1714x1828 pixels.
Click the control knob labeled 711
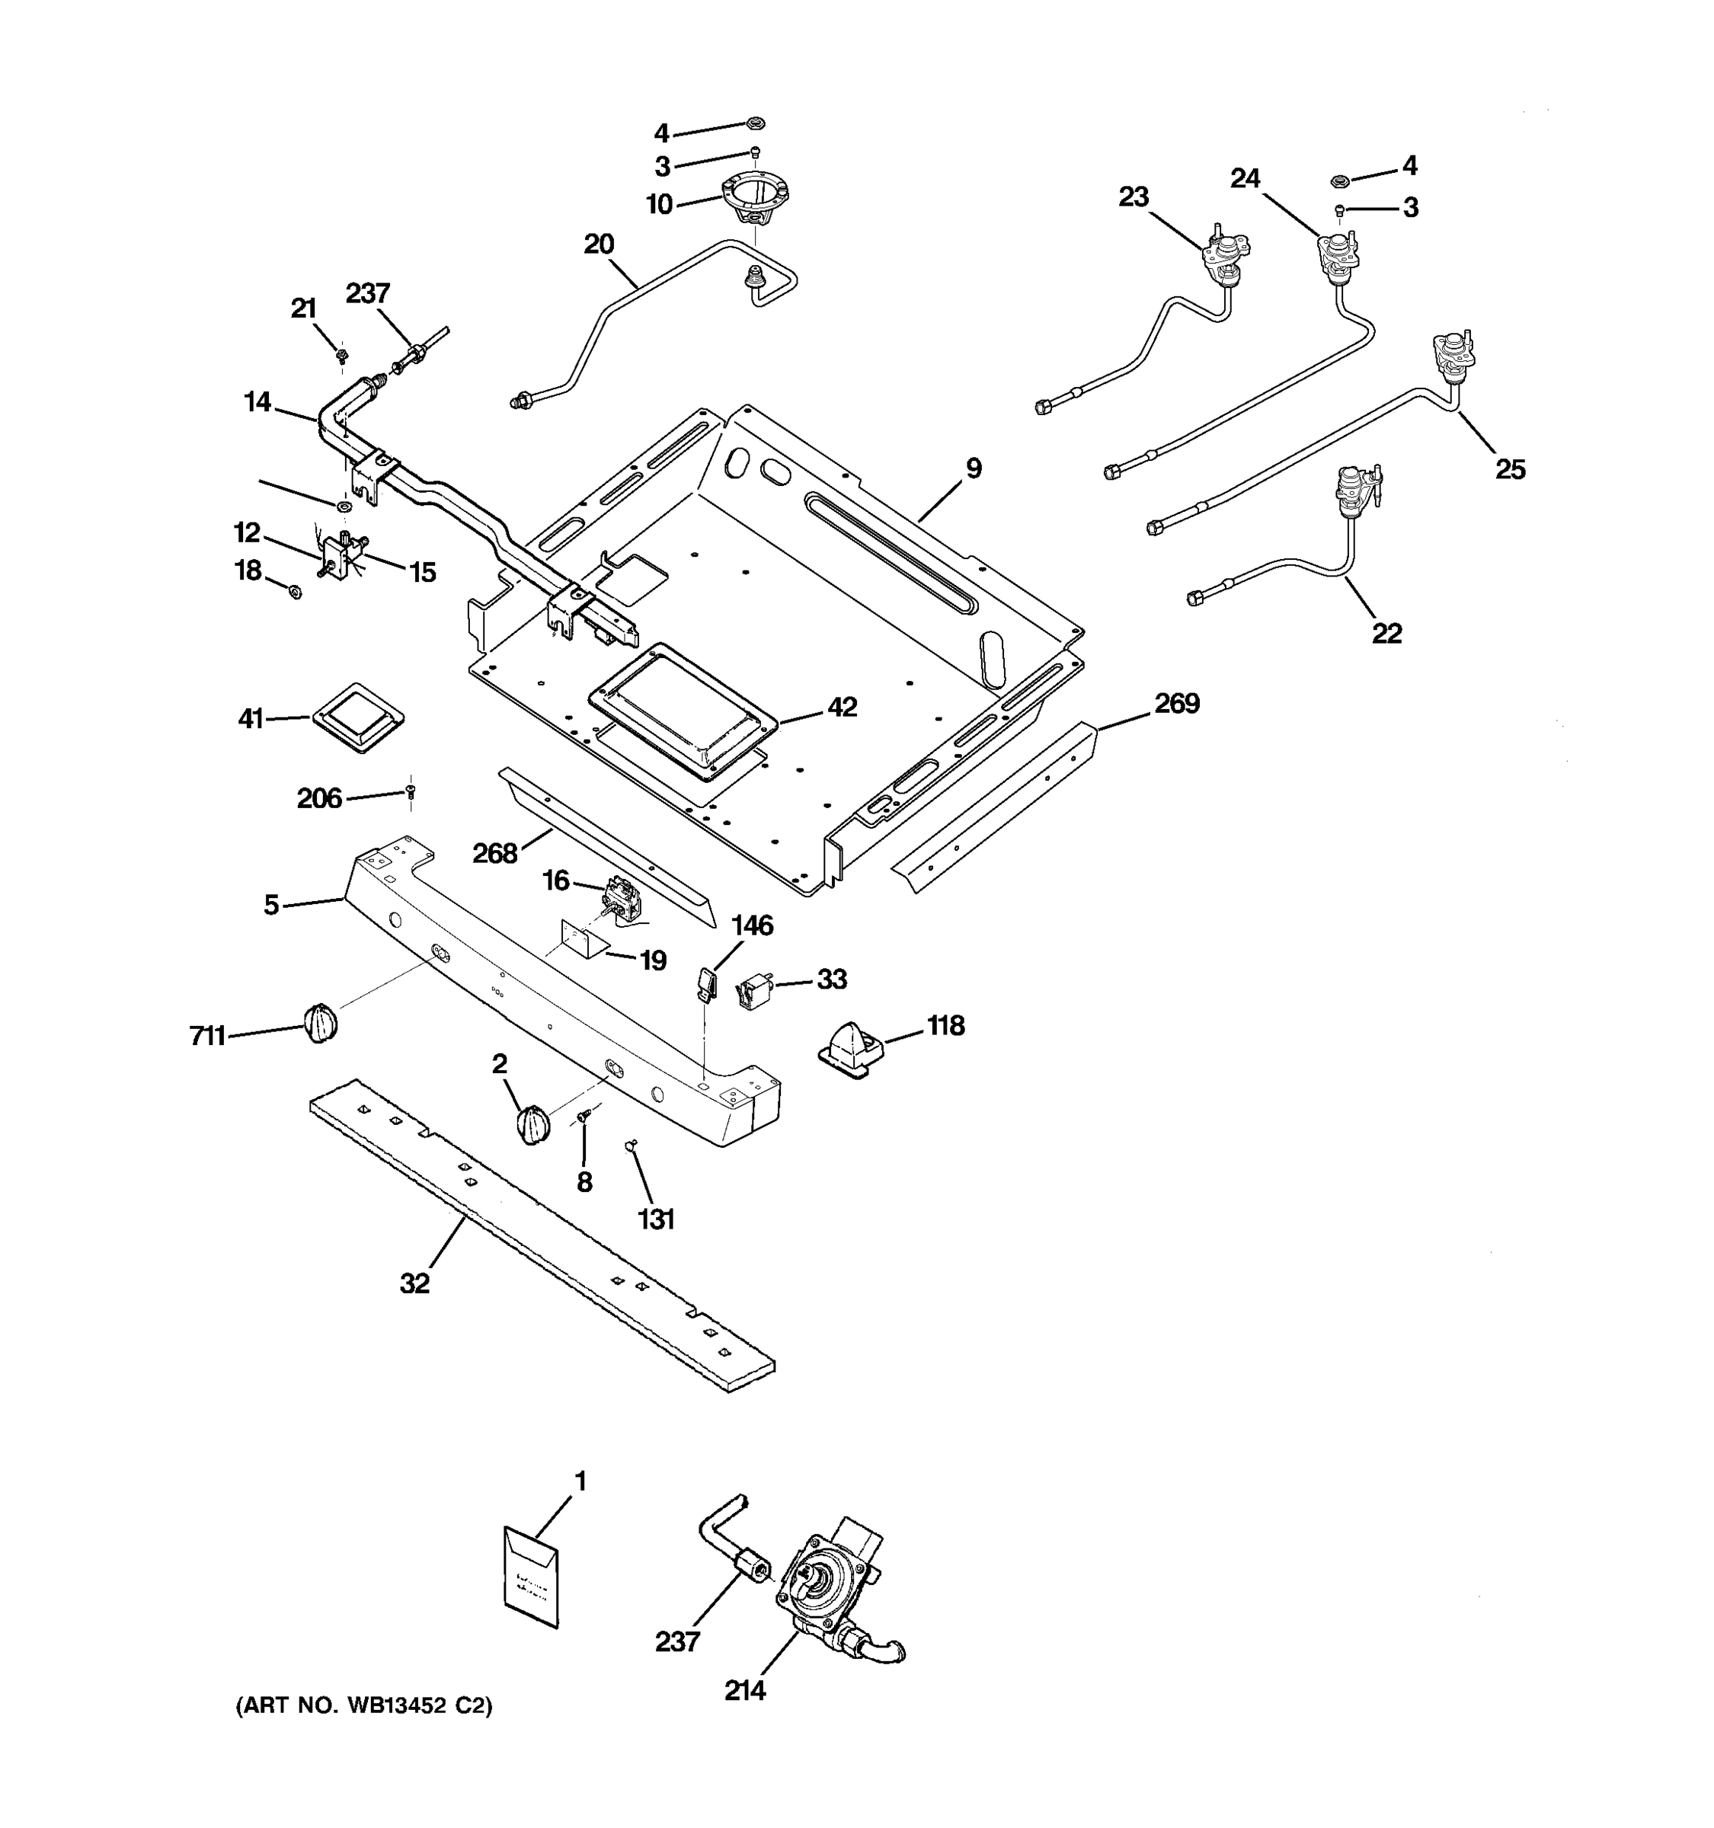pyautogui.click(x=319, y=1022)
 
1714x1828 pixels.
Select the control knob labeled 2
pyautogui.click(x=532, y=1124)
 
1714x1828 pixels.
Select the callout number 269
pyautogui.click(x=1176, y=704)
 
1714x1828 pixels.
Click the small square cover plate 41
pyautogui.click(x=358, y=717)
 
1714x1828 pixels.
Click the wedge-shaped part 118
pyautogui.click(x=851, y=1048)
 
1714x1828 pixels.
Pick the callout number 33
pyautogui.click(x=831, y=980)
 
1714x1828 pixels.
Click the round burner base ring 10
pyautogui.click(x=756, y=199)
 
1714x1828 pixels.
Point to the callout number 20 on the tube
pyautogui.click(x=599, y=244)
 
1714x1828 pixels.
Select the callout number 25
pyautogui.click(x=1510, y=470)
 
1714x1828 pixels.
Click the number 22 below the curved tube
pyautogui.click(x=1386, y=634)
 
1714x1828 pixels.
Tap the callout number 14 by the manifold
pyautogui.click(x=258, y=402)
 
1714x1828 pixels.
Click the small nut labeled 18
pyautogui.click(x=295, y=592)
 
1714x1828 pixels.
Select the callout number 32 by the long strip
pyautogui.click(x=414, y=1283)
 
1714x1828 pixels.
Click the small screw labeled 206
pyautogui.click(x=410, y=790)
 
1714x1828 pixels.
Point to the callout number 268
pyautogui.click(x=494, y=855)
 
